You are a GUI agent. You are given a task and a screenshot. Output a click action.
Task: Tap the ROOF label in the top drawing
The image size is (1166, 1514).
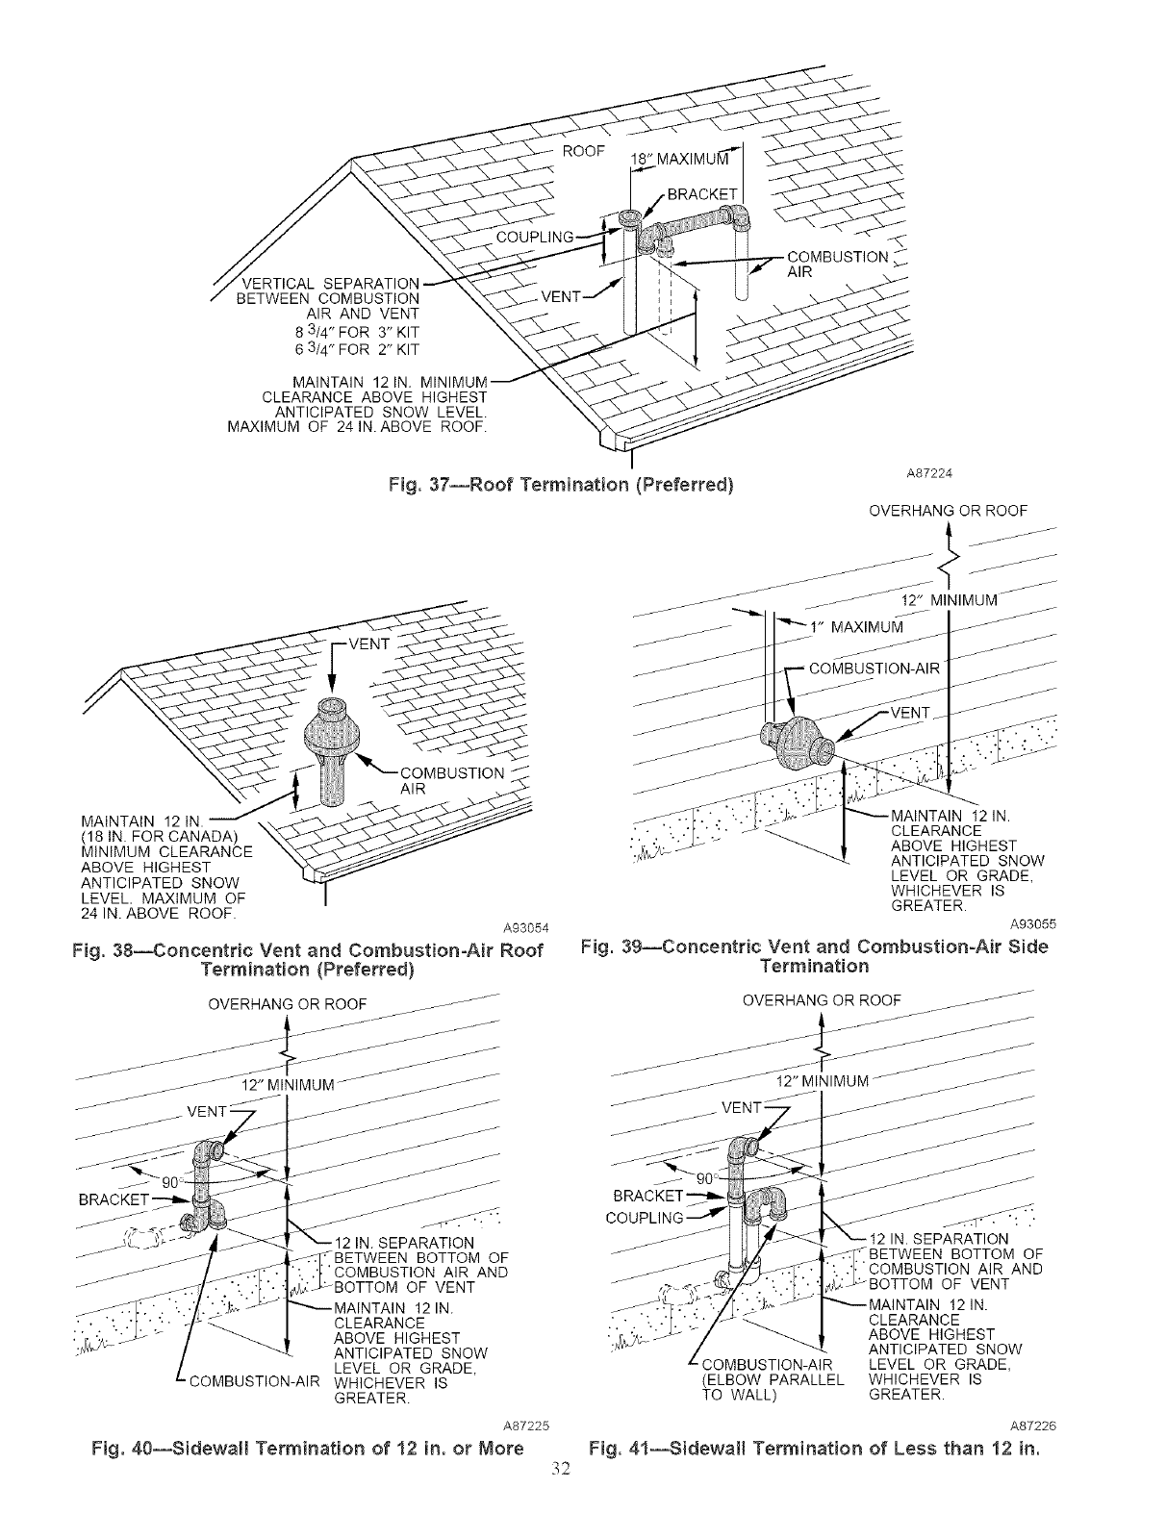tap(583, 151)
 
